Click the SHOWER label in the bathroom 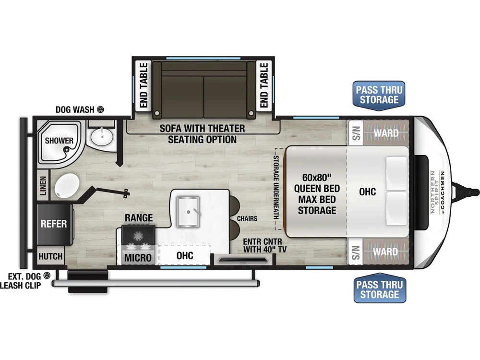[59, 141]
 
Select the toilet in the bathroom [67, 185]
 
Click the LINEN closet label [43, 185]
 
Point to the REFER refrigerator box [54, 224]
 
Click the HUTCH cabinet [50, 256]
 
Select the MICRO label [138, 258]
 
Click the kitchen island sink [188, 212]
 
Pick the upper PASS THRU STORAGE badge [379, 95]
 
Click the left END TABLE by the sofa [144, 85]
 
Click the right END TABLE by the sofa [264, 85]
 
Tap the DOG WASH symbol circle [100, 109]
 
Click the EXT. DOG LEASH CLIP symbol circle [47, 276]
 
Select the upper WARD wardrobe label [386, 133]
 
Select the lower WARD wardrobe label [385, 252]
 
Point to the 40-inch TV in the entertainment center [243, 261]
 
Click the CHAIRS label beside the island [247, 218]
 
